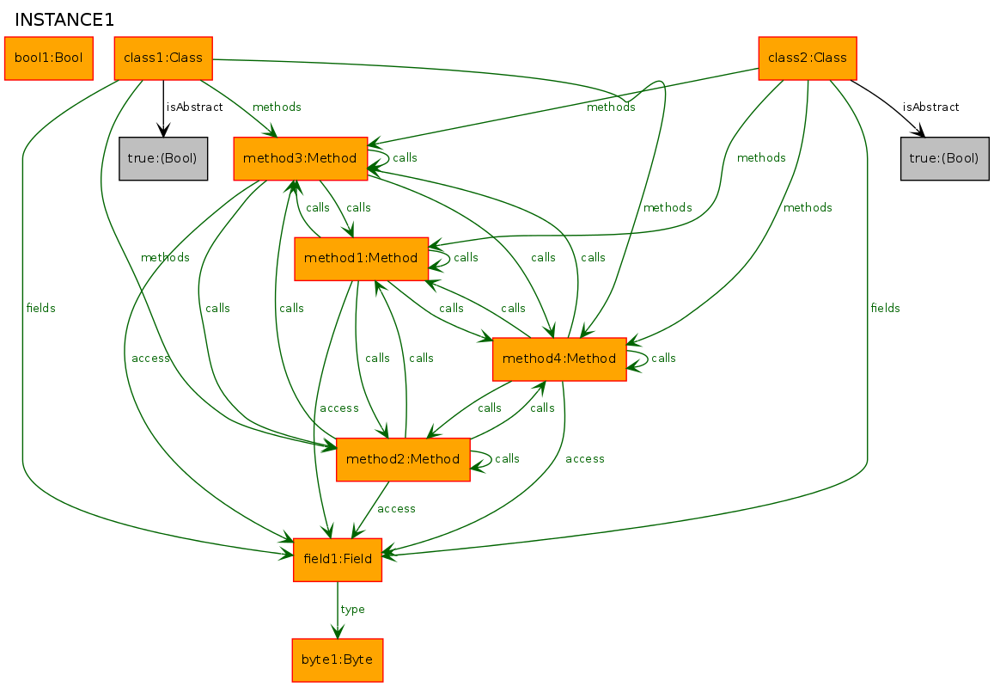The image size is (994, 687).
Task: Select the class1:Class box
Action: pyautogui.click(x=163, y=58)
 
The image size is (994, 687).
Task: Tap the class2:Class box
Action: pyautogui.click(x=808, y=58)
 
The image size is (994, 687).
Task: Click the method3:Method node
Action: pyautogui.click(x=301, y=158)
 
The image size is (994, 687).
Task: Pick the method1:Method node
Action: pyautogui.click(x=361, y=258)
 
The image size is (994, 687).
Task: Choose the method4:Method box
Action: pyautogui.click(x=559, y=359)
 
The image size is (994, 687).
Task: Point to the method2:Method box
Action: pyautogui.click(x=403, y=459)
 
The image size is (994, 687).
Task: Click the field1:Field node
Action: pyautogui.click(x=338, y=559)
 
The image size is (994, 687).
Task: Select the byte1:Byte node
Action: pyautogui.click(x=338, y=659)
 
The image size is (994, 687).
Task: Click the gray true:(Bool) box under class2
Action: pyautogui.click(x=945, y=158)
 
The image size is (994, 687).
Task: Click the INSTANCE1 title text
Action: pyautogui.click(x=64, y=20)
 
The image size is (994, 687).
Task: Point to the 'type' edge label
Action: pyautogui.click(x=353, y=610)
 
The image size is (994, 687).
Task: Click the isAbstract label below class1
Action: pyautogui.click(x=194, y=107)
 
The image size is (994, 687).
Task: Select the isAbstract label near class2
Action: pyautogui.click(x=930, y=107)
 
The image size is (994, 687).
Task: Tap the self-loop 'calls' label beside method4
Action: pyautogui.click(x=664, y=359)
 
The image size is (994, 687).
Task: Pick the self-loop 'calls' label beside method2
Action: pyautogui.click(x=508, y=459)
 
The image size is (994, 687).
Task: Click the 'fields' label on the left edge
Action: pyautogui.click(x=41, y=308)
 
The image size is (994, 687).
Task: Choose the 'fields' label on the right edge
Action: pyautogui.click(x=885, y=308)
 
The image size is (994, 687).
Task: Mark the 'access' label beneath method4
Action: pyautogui.click(x=585, y=459)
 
